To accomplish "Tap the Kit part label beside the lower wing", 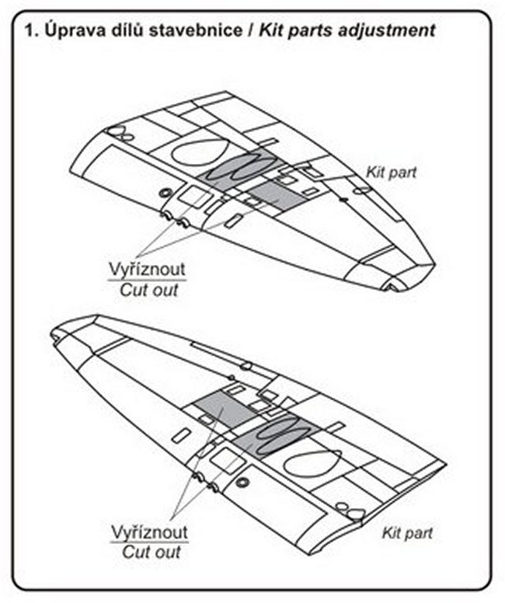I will click(407, 533).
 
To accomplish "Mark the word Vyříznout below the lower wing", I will click(150, 533).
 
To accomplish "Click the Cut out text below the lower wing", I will click(150, 552).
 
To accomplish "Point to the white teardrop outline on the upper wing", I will click(199, 150).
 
